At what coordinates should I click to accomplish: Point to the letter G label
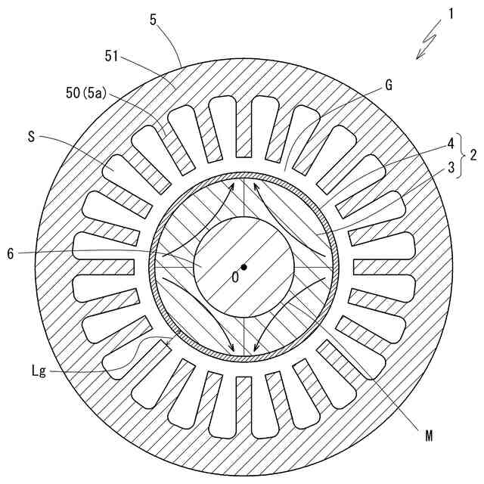388,85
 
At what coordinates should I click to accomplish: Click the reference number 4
450,141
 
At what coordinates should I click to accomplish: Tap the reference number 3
450,166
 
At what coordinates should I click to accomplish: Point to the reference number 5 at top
154,20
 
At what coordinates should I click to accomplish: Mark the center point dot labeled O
244,266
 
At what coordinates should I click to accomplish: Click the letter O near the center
234,278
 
